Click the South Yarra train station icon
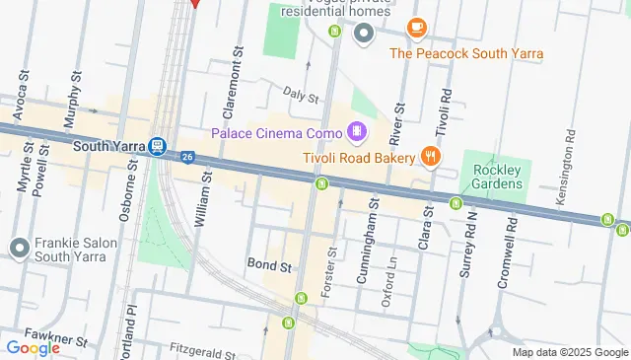(x=157, y=146)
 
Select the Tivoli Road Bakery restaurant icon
(x=430, y=156)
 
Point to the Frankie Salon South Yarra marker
(x=19, y=248)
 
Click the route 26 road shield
(x=187, y=155)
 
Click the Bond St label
(x=270, y=266)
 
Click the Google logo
(x=33, y=347)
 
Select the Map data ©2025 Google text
(x=569, y=352)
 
